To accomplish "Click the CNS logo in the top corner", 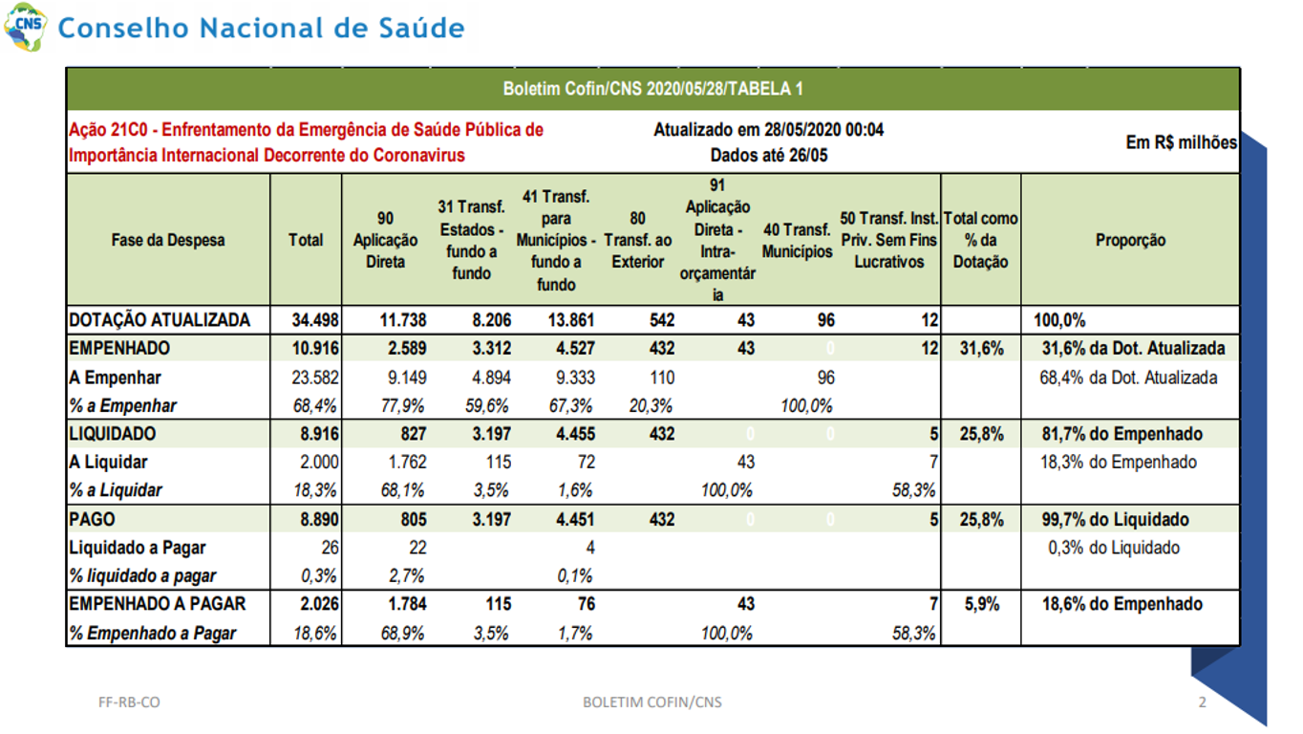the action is click(25, 27).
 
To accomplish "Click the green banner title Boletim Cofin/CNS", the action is click(652, 89).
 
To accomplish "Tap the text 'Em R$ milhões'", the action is click(1181, 142).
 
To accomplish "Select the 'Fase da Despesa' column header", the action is click(167, 240).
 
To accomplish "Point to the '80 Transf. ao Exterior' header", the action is click(637, 240).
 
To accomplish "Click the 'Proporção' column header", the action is click(1130, 240).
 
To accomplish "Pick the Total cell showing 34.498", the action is click(314, 319).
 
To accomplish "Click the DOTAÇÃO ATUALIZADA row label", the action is click(160, 319).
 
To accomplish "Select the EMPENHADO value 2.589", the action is click(407, 348).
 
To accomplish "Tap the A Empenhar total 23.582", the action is click(314, 378).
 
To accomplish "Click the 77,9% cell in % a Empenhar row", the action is click(402, 405).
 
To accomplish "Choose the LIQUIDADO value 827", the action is click(413, 434).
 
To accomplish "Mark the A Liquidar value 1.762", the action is click(407, 463).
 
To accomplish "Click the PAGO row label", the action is click(92, 519).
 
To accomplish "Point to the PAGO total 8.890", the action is click(319, 519).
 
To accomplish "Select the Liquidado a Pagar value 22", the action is click(417, 548).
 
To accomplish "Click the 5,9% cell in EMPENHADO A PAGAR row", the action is click(982, 604).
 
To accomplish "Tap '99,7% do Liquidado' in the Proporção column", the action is click(1115, 519).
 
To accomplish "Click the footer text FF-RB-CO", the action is click(129, 702).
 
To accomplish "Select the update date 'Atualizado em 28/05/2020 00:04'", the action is click(768, 129).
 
